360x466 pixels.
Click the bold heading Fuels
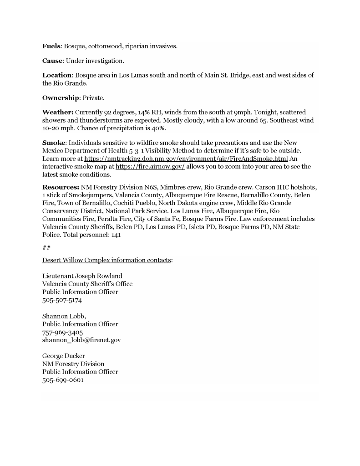pyautogui.click(x=52, y=46)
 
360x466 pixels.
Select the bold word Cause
pyautogui.click(x=52, y=61)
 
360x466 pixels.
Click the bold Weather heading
pyautogui.click(x=58, y=112)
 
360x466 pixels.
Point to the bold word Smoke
pyautogui.click(x=53, y=143)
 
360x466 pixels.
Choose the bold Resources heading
pyautogui.click(x=61, y=187)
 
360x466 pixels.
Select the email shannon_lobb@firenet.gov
pyautogui.click(x=81, y=340)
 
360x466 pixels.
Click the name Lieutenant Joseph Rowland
pyautogui.click(x=82, y=276)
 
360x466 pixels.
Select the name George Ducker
pyautogui.click(x=64, y=356)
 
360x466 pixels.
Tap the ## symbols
pyautogui.click(x=46, y=247)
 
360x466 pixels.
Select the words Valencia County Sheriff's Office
pyautogui.click(x=87, y=284)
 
